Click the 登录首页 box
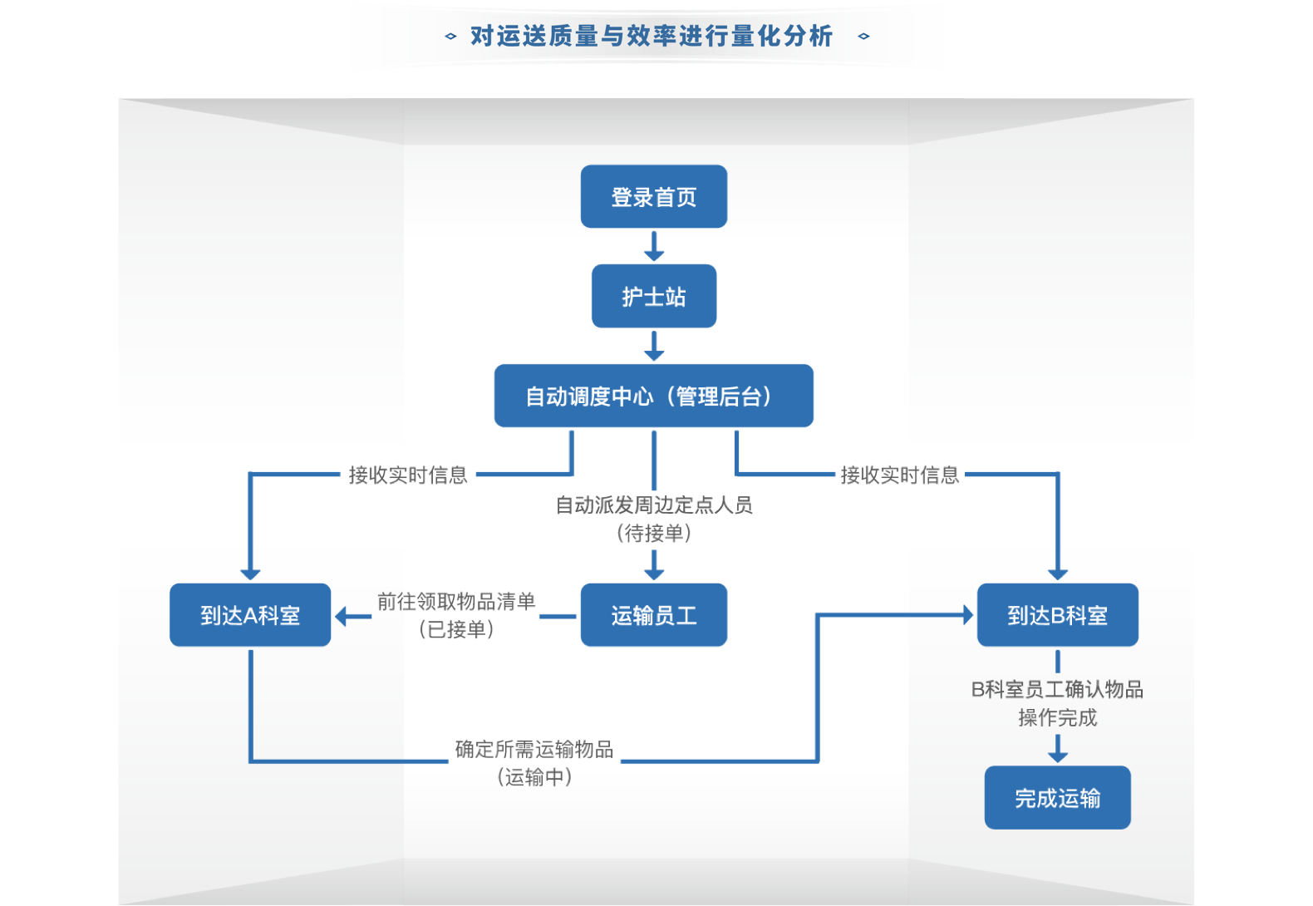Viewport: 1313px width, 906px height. tap(653, 197)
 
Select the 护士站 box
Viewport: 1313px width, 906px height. tap(653, 297)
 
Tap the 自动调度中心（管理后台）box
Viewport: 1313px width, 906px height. tap(653, 396)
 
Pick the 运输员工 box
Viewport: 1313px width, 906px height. tap(653, 615)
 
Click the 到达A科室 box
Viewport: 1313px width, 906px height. tap(250, 615)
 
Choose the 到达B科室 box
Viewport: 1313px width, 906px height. tap(1057, 615)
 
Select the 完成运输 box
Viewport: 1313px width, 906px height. tap(1057, 798)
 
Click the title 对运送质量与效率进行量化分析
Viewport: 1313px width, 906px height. tap(652, 36)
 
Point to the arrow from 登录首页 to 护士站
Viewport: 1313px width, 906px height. tap(654, 247)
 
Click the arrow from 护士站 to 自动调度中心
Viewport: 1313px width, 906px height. tap(654, 347)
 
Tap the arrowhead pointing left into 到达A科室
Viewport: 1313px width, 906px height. tap(342, 617)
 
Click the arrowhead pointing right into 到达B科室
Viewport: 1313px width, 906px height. tap(967, 615)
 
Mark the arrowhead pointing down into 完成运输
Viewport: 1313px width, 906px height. tap(1057, 755)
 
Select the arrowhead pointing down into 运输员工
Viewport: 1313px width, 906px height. tap(654, 573)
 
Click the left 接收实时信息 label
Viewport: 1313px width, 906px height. tap(408, 475)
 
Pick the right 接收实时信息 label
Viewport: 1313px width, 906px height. tap(900, 475)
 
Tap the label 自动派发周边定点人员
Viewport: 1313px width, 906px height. tap(654, 505)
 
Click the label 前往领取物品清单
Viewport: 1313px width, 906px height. tap(456, 602)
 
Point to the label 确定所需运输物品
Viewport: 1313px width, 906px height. tap(534, 750)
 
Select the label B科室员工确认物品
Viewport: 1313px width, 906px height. tap(1057, 690)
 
